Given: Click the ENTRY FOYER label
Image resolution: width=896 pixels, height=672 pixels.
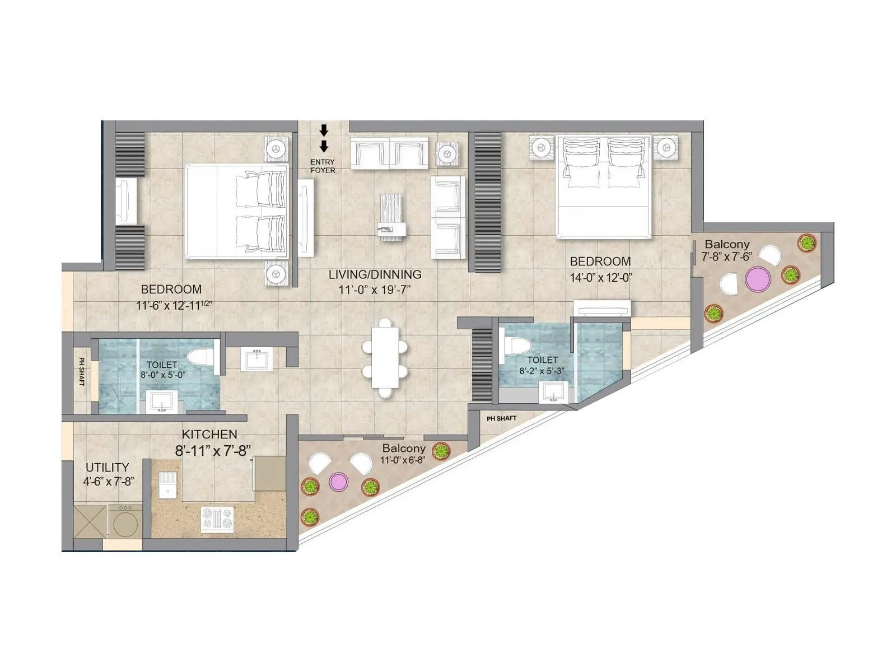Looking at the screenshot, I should pyautogui.click(x=323, y=166).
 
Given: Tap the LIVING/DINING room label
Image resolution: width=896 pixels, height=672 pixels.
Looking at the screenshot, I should pyautogui.click(x=375, y=274).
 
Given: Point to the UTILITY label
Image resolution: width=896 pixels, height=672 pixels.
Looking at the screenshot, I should pyautogui.click(x=107, y=467).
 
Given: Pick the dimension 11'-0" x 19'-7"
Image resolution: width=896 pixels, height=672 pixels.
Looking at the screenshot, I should pyautogui.click(x=375, y=290).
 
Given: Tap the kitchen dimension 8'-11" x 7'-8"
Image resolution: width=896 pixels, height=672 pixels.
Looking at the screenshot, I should pyautogui.click(x=212, y=450).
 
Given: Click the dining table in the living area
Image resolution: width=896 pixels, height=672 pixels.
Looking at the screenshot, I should pyautogui.click(x=385, y=357).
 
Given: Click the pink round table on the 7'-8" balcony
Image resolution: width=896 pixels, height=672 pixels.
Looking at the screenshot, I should pyautogui.click(x=758, y=278).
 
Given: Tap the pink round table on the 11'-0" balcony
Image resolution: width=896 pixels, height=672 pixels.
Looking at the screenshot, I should pyautogui.click(x=338, y=482).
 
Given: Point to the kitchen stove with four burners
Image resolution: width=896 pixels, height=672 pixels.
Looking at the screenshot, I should pyautogui.click(x=217, y=519).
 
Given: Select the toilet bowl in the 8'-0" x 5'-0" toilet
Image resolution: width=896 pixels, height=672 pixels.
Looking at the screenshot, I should pyautogui.click(x=200, y=358).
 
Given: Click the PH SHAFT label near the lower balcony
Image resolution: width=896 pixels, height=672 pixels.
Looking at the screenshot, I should pyautogui.click(x=501, y=418).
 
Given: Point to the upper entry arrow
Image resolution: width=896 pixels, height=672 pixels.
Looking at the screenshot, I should pyautogui.click(x=324, y=130).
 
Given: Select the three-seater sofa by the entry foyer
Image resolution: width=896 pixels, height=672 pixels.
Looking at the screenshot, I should pyautogui.click(x=389, y=152).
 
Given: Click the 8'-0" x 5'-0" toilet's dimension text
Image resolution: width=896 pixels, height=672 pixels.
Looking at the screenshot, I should pyautogui.click(x=163, y=375).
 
